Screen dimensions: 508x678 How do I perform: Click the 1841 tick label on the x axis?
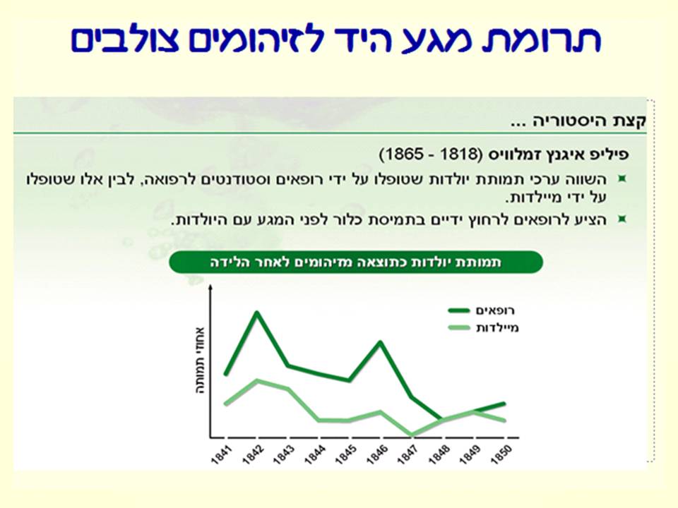pos(220,454)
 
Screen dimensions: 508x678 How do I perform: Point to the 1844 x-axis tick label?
pos(314,454)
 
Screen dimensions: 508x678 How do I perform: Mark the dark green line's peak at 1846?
pos(381,342)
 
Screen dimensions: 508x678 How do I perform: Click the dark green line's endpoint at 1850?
pos(505,404)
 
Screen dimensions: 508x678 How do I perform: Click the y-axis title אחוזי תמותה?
pos(200,359)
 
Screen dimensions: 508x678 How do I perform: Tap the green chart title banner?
pos(355,262)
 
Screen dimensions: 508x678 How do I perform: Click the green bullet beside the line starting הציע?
pos(621,219)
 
